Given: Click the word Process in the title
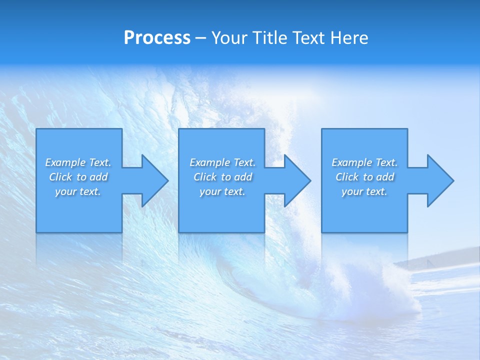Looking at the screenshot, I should (x=157, y=38).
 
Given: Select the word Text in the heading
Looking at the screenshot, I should (x=309, y=38).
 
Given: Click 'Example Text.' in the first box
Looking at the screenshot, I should (x=78, y=162).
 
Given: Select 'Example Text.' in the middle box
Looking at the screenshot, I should (x=222, y=162).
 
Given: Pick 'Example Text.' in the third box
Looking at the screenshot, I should (x=364, y=162).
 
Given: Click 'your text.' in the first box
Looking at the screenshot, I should (x=78, y=191).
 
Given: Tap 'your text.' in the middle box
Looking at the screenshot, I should (x=222, y=191).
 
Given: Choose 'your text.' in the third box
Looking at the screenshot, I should (x=364, y=191).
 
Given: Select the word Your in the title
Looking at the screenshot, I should (x=229, y=38).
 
